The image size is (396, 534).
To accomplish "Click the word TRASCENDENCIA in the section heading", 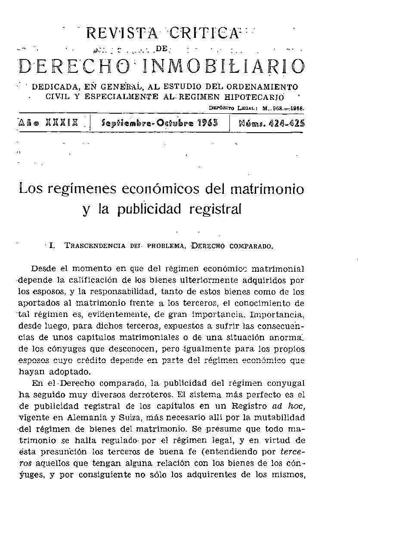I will (95, 246).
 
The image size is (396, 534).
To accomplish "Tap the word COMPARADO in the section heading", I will (250, 246).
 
